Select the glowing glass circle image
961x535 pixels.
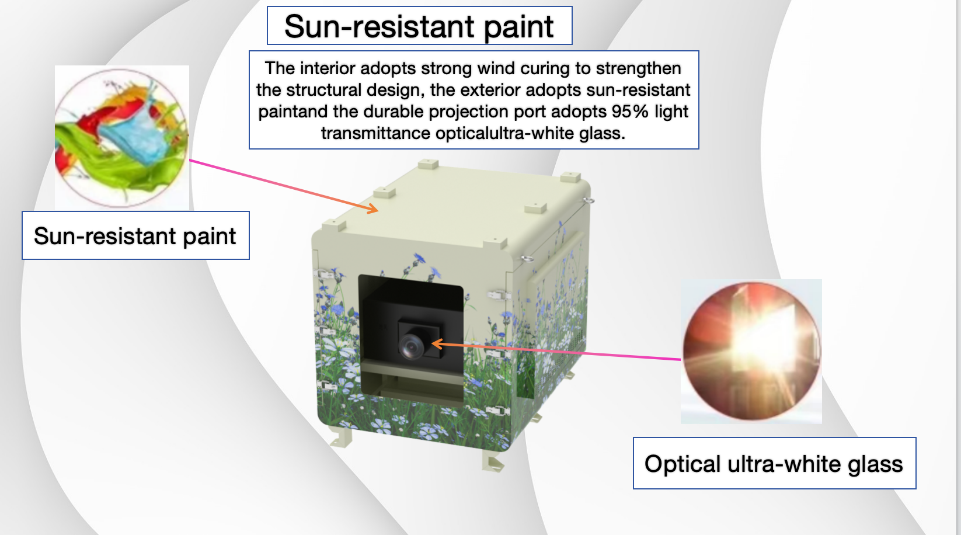tap(751, 351)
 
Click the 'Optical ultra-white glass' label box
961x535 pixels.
tap(774, 463)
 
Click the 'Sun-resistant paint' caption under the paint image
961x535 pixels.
tap(135, 235)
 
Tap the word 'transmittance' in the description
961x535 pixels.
tap(375, 133)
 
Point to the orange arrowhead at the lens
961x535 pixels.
tap(437, 343)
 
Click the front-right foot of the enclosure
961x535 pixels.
tap(493, 461)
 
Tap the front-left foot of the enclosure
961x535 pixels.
tap(342, 437)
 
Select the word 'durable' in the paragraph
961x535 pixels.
tap(396, 112)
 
